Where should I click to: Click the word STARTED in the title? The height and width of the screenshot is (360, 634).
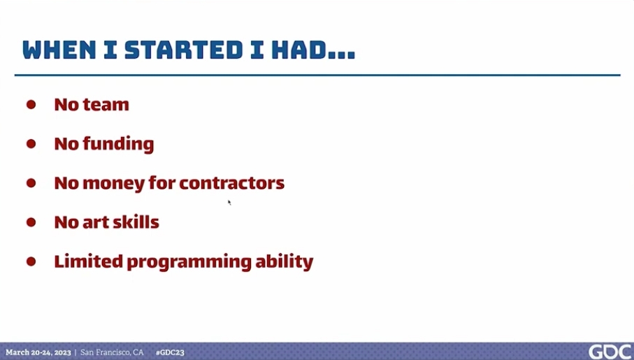point(183,50)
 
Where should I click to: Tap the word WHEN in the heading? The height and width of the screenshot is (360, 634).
point(59,50)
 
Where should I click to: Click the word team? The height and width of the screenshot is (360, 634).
point(106,105)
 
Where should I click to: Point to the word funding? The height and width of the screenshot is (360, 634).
point(118,145)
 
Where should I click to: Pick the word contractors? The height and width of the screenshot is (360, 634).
point(231,183)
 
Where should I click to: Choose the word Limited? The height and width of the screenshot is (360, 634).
point(89,261)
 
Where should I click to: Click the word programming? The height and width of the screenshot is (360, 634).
point(189,263)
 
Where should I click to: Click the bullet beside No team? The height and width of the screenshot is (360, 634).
point(31,105)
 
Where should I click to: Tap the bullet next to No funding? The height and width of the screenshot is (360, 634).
point(31,144)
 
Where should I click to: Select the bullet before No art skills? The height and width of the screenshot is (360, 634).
point(31,222)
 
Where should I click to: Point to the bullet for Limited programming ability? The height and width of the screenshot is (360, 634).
point(31,261)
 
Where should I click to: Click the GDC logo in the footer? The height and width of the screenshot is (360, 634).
point(610,352)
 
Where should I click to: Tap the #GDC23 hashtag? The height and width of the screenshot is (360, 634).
point(170,352)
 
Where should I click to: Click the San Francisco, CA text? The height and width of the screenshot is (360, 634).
point(112,352)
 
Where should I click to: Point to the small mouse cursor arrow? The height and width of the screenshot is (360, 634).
point(229,202)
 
